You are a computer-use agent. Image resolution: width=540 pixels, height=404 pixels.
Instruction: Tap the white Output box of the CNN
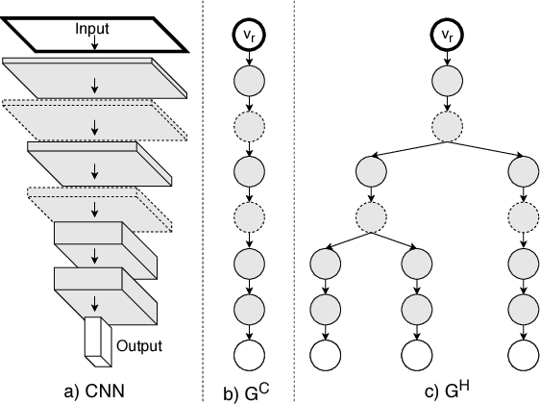(98, 340)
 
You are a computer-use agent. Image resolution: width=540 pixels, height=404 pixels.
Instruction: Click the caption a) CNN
(94, 391)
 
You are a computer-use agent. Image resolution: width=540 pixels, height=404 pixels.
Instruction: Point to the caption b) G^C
(247, 390)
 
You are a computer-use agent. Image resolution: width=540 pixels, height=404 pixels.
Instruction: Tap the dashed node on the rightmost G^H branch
(524, 215)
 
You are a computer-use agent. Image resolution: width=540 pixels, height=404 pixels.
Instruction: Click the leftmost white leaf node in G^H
(326, 354)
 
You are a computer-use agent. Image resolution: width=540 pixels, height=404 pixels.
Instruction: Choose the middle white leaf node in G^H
(415, 354)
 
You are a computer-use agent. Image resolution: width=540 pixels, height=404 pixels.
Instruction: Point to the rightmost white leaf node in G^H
(524, 354)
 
